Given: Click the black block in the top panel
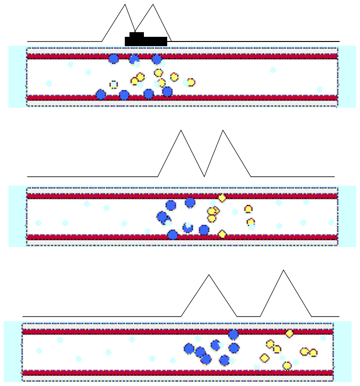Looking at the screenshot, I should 146,41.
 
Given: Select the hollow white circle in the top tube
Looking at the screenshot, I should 113,84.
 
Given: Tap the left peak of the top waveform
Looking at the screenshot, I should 125,5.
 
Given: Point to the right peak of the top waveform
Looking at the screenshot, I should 153,5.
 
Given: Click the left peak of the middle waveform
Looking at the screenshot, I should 181,131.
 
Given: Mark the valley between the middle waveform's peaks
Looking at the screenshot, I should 204,176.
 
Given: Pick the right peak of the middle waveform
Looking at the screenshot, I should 223,131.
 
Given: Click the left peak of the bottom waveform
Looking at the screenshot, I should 209,275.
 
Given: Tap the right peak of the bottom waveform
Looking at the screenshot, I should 283,270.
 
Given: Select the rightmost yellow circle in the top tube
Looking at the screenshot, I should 190,83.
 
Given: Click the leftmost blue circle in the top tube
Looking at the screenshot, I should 101,95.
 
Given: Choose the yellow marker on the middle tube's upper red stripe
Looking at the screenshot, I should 222,198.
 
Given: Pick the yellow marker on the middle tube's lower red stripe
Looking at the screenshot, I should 222,234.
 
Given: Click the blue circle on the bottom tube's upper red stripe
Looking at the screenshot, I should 233,334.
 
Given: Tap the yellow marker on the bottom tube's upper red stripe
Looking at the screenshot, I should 290,333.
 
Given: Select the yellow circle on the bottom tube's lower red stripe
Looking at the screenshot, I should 287,366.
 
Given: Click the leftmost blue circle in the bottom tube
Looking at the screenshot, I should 189,349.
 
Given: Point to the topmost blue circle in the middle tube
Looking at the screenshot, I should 190,202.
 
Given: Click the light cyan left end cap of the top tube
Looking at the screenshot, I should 17,76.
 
